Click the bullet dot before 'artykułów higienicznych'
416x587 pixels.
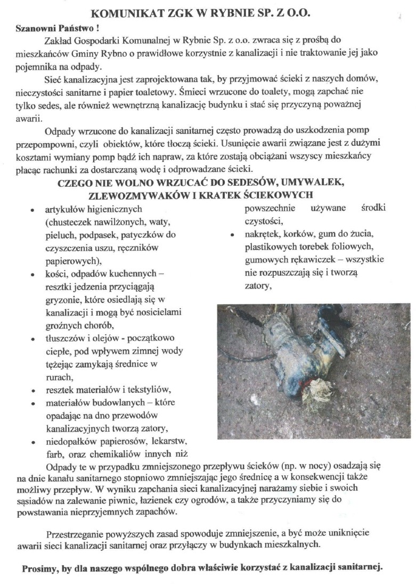click(34, 210)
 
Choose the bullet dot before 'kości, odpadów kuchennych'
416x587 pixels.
click(34, 275)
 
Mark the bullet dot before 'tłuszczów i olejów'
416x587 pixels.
click(34, 339)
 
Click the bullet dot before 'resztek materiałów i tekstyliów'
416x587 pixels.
click(34, 390)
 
